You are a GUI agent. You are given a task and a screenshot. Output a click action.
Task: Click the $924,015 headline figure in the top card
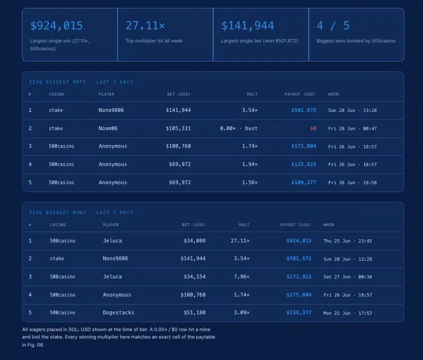[x=56, y=26]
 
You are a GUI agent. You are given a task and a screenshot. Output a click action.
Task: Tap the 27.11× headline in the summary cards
[x=146, y=26]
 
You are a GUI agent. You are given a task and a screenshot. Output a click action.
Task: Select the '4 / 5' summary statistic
[x=333, y=26]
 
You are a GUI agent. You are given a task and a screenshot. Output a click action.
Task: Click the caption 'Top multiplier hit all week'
[x=154, y=41]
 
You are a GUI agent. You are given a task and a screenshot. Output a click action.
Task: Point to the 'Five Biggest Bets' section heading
[x=57, y=82]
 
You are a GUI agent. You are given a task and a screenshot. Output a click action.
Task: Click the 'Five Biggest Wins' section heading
[x=57, y=213]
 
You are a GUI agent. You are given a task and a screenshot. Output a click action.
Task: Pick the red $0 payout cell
[x=313, y=128]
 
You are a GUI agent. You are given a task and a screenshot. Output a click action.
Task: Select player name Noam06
[x=108, y=128]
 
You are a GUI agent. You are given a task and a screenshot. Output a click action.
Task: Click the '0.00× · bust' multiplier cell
[x=239, y=128]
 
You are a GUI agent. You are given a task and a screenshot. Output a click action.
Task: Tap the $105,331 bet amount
[x=178, y=128]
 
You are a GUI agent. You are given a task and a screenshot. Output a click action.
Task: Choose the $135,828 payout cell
[x=304, y=164]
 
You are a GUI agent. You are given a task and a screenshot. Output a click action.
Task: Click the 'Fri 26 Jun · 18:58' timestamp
[x=352, y=182]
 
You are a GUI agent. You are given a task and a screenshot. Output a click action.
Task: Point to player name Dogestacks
[x=118, y=312]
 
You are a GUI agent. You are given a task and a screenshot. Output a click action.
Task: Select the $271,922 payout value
[x=299, y=277]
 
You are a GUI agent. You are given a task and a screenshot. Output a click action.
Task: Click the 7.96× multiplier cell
[x=242, y=277]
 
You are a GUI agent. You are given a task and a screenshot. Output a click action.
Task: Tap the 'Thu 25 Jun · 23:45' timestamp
[x=348, y=241]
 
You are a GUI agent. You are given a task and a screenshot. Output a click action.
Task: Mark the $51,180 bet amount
[x=194, y=312]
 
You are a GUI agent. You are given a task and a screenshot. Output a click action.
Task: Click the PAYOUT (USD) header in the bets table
[x=300, y=94]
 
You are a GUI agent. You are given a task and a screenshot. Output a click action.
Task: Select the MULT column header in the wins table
[x=244, y=225]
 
